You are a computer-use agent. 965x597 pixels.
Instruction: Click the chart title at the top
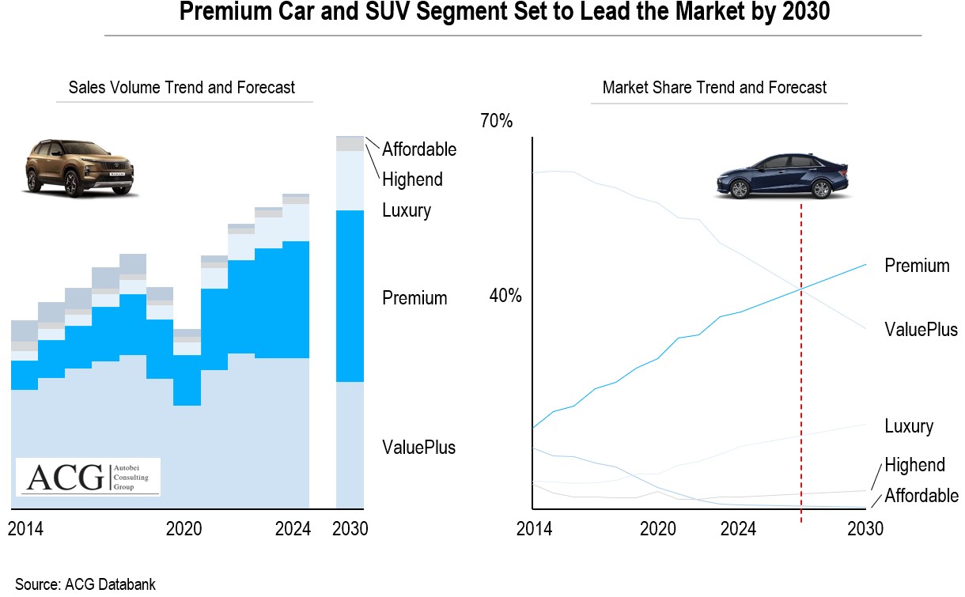(504, 13)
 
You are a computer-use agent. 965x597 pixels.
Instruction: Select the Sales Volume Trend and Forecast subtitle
(182, 87)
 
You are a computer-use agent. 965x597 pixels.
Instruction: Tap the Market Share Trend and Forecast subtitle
(714, 87)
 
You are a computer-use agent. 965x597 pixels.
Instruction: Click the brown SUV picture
(79, 167)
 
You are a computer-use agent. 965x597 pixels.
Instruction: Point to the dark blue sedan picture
(781, 176)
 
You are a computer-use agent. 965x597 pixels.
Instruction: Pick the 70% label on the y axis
(497, 122)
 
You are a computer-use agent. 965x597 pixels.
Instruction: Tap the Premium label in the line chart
(917, 266)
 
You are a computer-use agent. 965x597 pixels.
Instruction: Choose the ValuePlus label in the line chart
(921, 330)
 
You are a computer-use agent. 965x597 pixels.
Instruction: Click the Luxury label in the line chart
(909, 427)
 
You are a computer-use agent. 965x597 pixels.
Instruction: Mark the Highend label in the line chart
(914, 465)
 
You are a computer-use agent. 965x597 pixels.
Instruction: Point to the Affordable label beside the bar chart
(419, 149)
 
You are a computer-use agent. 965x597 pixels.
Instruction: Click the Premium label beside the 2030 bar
(414, 298)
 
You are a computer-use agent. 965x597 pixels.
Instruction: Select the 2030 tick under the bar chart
(350, 529)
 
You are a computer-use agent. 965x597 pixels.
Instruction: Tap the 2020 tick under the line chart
(657, 529)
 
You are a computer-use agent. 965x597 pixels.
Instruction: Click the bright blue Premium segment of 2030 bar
(350, 297)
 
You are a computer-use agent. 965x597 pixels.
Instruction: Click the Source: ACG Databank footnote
(85, 585)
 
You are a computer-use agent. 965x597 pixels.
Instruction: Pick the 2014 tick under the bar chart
(26, 529)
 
